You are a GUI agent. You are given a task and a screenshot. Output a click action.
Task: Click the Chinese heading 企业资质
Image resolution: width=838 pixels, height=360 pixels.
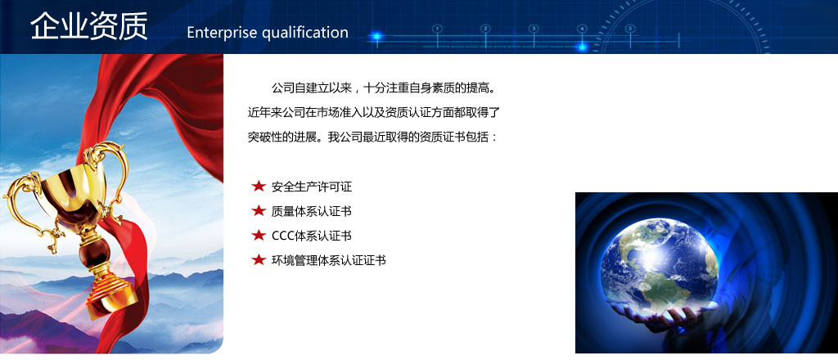pyautogui.click(x=88, y=25)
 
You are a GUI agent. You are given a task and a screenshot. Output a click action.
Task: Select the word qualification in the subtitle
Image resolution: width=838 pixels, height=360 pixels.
pyautogui.click(x=304, y=33)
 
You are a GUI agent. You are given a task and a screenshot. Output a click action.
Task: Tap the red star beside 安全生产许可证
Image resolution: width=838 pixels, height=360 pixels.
pyautogui.click(x=259, y=186)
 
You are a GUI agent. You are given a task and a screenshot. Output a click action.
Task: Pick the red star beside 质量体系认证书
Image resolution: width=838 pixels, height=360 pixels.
pyautogui.click(x=259, y=210)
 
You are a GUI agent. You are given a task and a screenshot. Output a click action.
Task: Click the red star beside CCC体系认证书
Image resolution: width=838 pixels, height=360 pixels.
pyautogui.click(x=259, y=235)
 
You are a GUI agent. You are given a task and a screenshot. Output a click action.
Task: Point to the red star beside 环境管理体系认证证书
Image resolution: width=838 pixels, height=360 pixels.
pyautogui.click(x=259, y=259)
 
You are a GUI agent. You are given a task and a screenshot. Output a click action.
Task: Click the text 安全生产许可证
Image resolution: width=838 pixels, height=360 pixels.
pyautogui.click(x=312, y=187)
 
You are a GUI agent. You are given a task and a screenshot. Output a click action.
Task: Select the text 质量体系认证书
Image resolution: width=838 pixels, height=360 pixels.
pyautogui.click(x=312, y=212)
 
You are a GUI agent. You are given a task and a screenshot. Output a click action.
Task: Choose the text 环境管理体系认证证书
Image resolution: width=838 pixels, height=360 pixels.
pyautogui.click(x=329, y=261)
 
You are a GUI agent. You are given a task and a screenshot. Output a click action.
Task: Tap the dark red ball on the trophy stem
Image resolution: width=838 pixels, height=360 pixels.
pyautogui.click(x=95, y=251)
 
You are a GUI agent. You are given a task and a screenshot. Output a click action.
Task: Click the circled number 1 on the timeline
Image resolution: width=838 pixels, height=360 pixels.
pyautogui.click(x=437, y=29)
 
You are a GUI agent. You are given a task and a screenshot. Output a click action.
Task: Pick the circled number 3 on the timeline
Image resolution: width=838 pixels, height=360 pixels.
pyautogui.click(x=534, y=29)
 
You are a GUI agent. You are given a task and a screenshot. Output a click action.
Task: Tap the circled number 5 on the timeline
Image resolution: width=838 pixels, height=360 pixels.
pyautogui.click(x=630, y=29)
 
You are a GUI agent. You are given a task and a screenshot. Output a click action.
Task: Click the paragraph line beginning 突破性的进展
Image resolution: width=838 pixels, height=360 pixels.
pyautogui.click(x=373, y=137)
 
